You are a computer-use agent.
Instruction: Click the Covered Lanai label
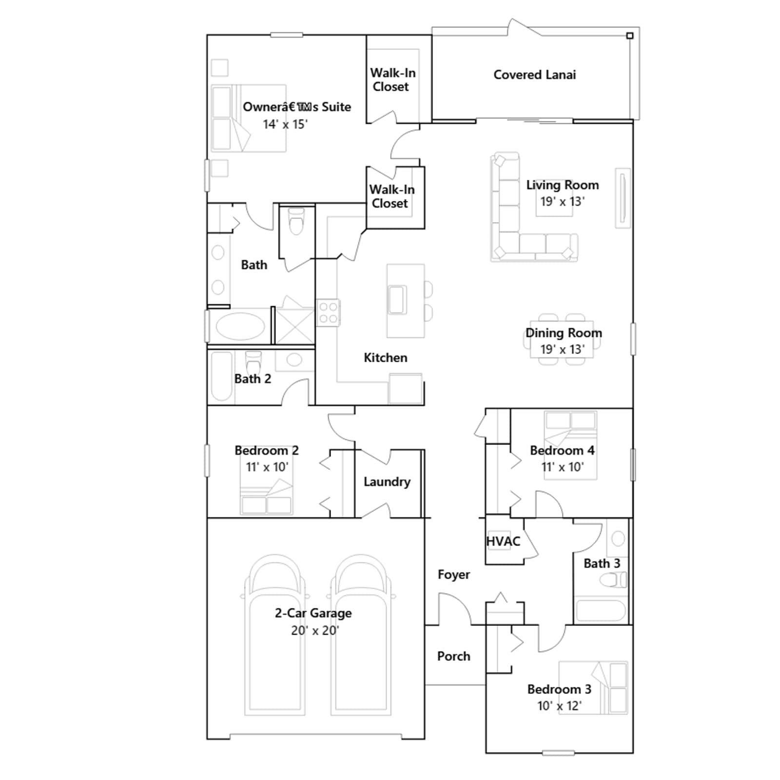[534, 75]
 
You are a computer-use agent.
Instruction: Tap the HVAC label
[503, 541]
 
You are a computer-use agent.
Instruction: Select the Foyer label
[453, 575]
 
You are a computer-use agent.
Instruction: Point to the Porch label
[453, 656]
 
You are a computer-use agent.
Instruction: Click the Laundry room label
[387, 482]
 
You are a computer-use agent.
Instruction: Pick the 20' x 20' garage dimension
[315, 630]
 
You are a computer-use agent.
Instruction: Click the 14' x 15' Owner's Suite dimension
[285, 124]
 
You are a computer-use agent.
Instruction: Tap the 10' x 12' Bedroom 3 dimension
[559, 706]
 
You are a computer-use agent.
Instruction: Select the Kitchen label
[385, 358]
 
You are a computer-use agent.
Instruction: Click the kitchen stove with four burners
[328, 313]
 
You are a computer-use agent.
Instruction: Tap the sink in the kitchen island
[397, 300]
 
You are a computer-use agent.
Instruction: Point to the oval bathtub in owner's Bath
[240, 326]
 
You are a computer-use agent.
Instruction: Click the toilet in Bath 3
[613, 580]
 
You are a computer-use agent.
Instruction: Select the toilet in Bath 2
[253, 362]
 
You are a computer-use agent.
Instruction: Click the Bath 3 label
[602, 564]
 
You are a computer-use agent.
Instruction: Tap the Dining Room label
[564, 333]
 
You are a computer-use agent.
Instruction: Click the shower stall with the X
[295, 326]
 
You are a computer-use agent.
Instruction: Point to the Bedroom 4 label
[562, 450]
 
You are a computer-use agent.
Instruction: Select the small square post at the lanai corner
[630, 36]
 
